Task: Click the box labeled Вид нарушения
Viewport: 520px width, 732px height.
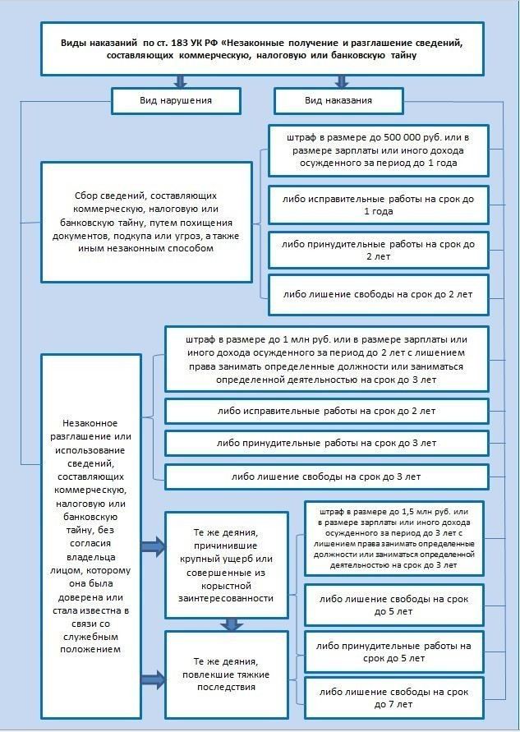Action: pos(177,100)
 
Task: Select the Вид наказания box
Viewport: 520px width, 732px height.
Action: pos(338,100)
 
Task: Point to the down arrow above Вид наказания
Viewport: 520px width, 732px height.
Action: pos(341,81)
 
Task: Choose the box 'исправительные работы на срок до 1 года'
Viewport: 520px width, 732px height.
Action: pos(378,205)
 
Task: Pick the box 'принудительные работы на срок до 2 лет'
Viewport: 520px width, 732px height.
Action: pos(378,251)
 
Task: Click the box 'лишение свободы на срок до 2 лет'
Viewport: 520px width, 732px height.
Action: pos(378,294)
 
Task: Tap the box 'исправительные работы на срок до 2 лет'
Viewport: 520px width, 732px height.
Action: pos(327,410)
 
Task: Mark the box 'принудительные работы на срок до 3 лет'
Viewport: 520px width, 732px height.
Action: pos(327,443)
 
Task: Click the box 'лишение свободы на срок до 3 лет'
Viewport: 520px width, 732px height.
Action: pos(327,476)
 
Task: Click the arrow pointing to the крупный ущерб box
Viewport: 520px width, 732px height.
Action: pos(152,545)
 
